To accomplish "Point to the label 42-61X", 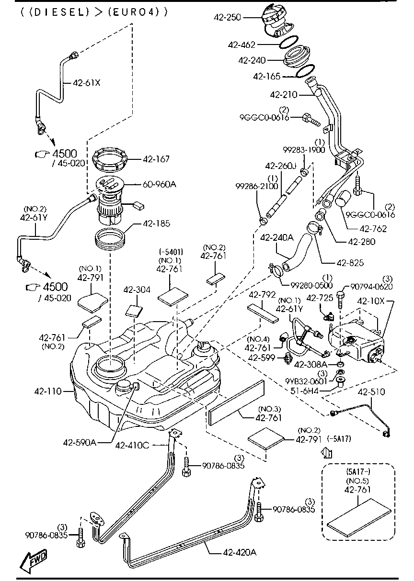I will [87, 82].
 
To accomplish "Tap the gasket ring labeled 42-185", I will [111, 238].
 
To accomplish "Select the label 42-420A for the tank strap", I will [239, 552].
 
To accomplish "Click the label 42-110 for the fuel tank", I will [47, 391].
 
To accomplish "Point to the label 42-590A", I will [80, 442].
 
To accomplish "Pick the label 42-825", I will [350, 262].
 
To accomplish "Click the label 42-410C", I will [132, 445].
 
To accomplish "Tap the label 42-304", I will [137, 290].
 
